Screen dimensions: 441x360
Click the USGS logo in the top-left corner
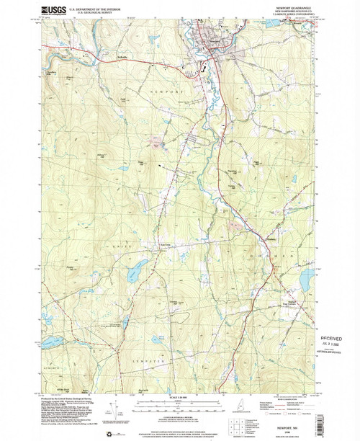[x=56, y=9]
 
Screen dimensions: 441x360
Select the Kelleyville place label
[x=106, y=57]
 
